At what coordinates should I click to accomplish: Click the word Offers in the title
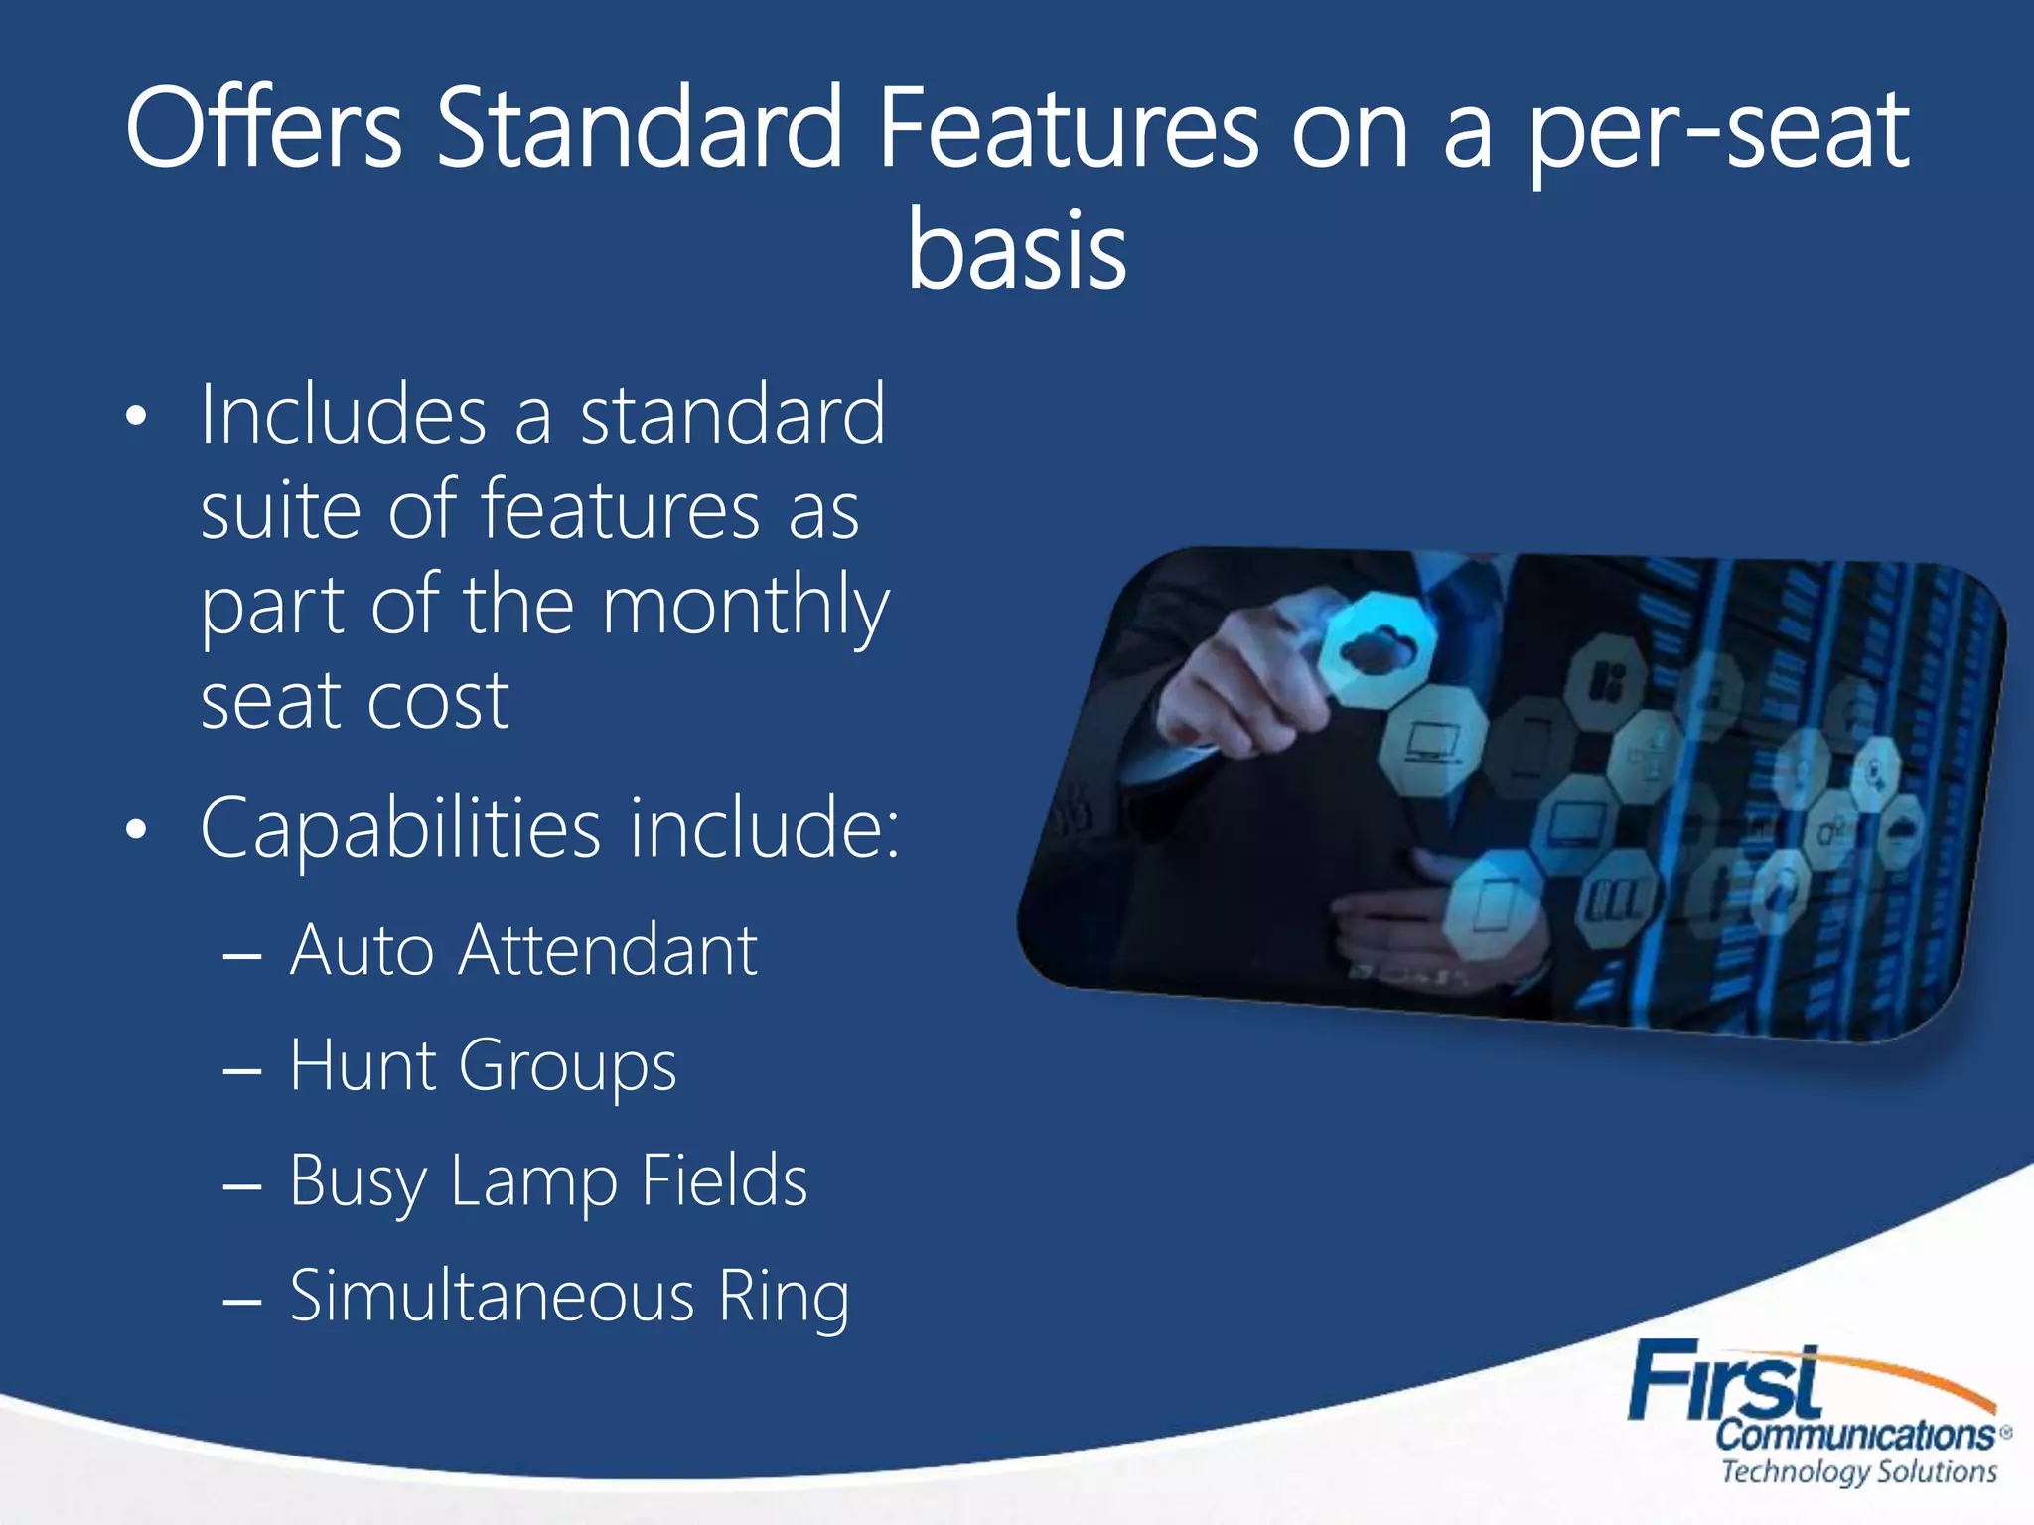[x=263, y=129]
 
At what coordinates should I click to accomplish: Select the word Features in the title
[x=1069, y=129]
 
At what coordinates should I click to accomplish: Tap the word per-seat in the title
[x=1717, y=134]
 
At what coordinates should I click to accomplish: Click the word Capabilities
[x=400, y=828]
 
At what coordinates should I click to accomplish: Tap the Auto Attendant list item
[x=523, y=950]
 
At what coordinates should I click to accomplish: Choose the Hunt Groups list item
[x=483, y=1066]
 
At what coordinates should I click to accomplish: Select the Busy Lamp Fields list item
[x=548, y=1181]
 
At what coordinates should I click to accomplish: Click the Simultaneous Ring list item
[x=569, y=1297]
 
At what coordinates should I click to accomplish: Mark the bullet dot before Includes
[x=137, y=417]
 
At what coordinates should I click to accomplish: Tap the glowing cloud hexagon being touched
[x=1377, y=649]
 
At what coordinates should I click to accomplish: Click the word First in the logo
[x=1725, y=1381]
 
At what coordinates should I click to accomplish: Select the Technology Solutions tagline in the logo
[x=1858, y=1471]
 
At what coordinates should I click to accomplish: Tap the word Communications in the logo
[x=1854, y=1435]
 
